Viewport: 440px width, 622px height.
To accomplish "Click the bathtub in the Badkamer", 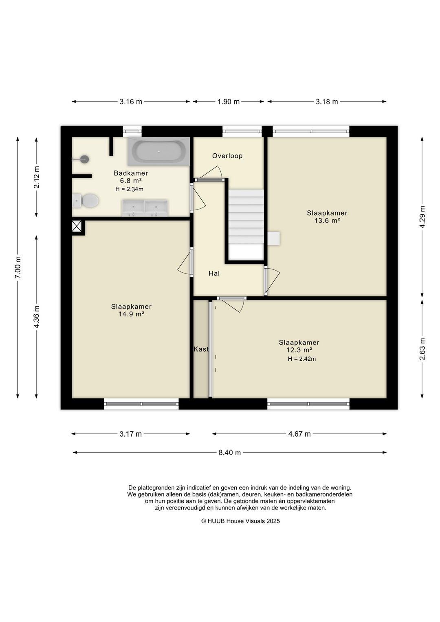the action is pyautogui.click(x=159, y=151).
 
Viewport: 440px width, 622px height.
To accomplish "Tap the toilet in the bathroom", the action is pyautogui.click(x=86, y=201).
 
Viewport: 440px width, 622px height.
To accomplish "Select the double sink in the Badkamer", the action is pyautogui.click(x=145, y=208).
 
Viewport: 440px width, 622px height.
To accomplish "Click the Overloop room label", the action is pyautogui.click(x=227, y=156).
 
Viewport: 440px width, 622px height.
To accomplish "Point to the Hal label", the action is pyautogui.click(x=214, y=274).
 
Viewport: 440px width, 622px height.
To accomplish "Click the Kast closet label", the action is pyautogui.click(x=201, y=349).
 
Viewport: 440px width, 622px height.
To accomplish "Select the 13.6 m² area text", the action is pyautogui.click(x=327, y=221).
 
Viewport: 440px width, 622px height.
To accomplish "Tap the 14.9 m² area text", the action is pyautogui.click(x=131, y=314).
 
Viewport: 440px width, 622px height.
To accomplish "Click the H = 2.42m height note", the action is pyautogui.click(x=301, y=359).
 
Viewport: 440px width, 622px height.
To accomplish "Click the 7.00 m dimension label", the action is pyautogui.click(x=18, y=267).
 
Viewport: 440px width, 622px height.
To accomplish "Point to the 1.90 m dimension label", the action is pyautogui.click(x=228, y=101).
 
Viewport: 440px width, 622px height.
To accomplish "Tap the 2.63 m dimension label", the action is pyautogui.click(x=422, y=349).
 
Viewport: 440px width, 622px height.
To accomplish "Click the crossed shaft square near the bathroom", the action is pyautogui.click(x=77, y=226).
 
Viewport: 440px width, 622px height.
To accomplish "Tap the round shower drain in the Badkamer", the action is pyautogui.click(x=84, y=159).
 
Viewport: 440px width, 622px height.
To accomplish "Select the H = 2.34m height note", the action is pyautogui.click(x=130, y=190).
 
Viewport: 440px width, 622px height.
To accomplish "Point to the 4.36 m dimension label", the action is pyautogui.click(x=36, y=317).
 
